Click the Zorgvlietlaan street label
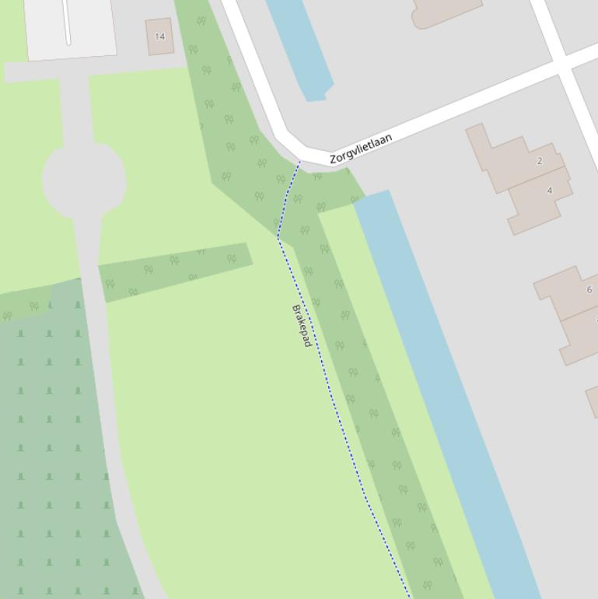point(361,148)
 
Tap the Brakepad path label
point(302,325)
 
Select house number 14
point(160,37)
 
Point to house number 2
point(540,161)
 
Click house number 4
point(550,191)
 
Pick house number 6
point(589,290)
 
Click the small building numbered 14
point(159,37)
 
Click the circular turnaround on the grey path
point(84,180)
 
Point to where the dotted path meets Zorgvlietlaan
point(299,162)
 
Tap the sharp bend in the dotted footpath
point(278,237)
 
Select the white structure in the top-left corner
point(70,27)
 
